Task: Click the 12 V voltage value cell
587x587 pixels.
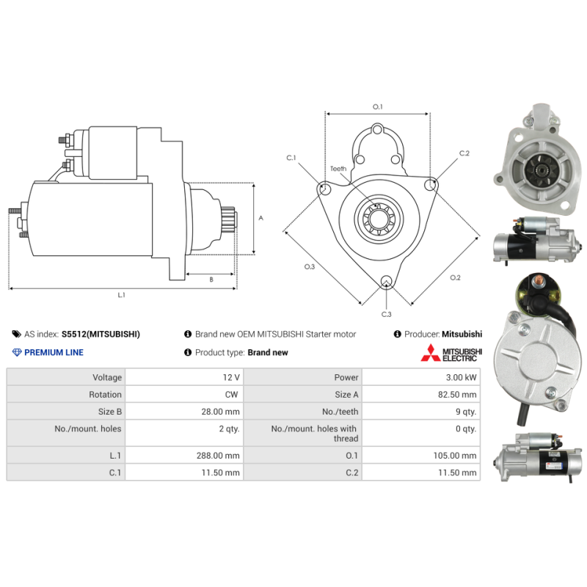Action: point(231,377)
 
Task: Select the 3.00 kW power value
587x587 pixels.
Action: point(461,377)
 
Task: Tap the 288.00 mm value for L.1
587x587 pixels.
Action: point(218,456)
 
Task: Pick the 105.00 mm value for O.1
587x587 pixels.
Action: point(455,456)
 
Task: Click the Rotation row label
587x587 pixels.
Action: point(105,395)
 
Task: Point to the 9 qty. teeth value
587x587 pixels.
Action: point(466,412)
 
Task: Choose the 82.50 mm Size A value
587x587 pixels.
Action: point(457,395)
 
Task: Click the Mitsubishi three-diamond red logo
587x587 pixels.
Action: point(431,353)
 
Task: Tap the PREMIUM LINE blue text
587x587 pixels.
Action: point(54,352)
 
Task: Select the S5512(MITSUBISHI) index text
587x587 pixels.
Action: point(101,334)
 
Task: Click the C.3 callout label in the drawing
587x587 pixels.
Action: point(387,314)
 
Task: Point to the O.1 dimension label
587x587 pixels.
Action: point(378,106)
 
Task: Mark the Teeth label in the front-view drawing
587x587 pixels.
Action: point(338,169)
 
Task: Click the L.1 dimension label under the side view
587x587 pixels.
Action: point(121,295)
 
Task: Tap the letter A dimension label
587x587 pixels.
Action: point(261,218)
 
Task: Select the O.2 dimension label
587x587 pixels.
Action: point(455,277)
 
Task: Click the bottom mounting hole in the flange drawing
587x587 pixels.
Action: point(386,281)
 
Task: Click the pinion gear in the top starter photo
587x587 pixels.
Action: point(542,170)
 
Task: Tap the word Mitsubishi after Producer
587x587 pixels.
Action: point(462,334)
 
